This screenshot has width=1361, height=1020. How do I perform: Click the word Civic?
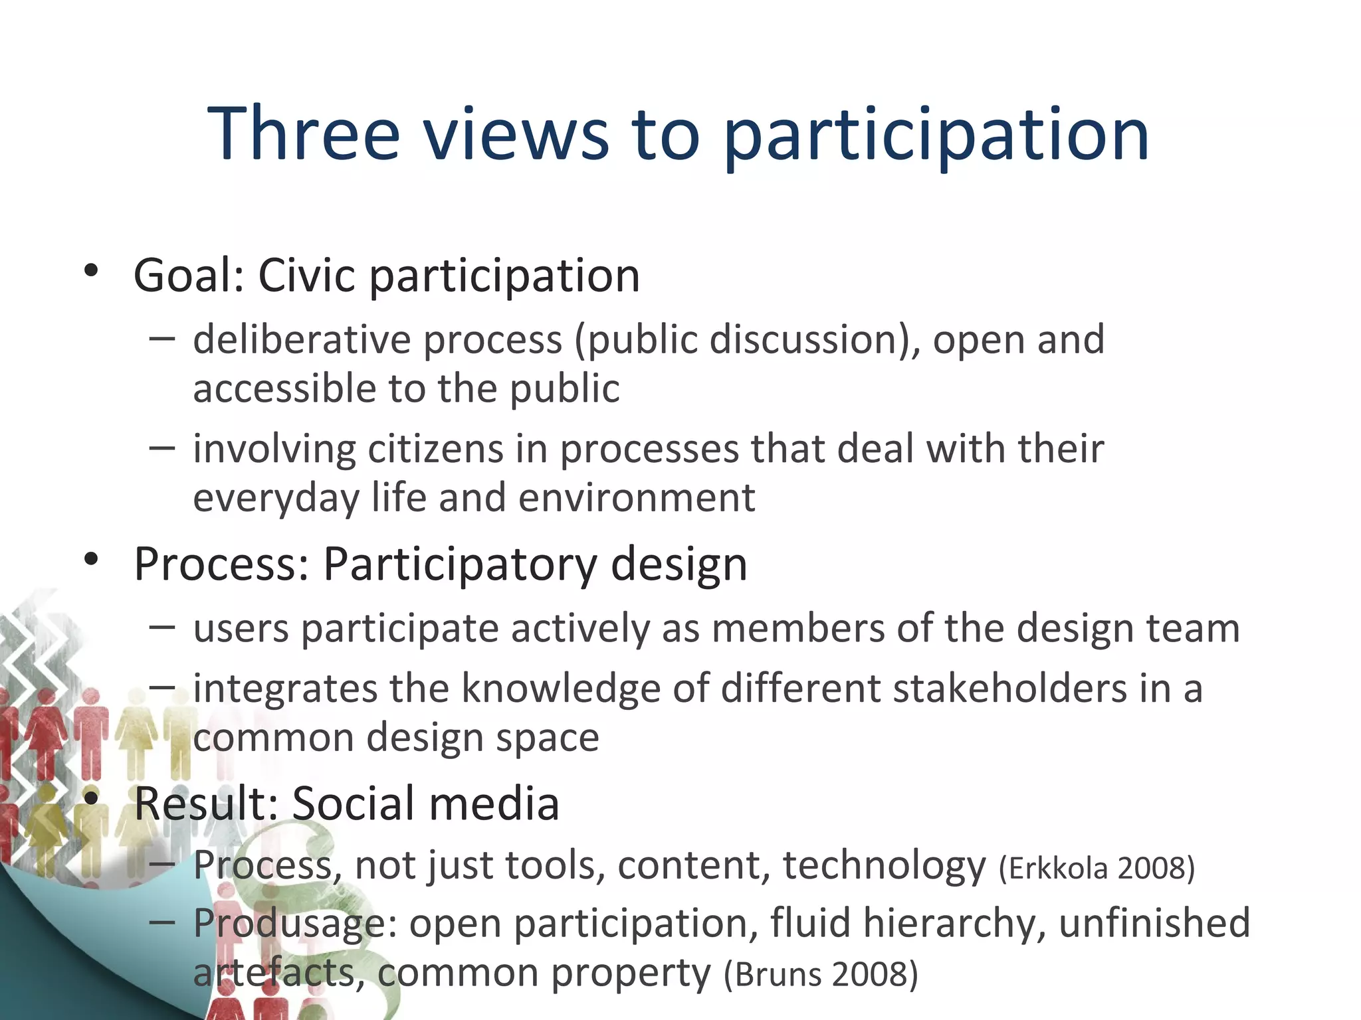(306, 275)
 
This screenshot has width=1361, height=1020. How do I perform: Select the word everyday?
(276, 498)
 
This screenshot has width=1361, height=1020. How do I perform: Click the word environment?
(637, 498)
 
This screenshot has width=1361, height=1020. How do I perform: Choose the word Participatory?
(460, 564)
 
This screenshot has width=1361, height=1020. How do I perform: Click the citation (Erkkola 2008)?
(1097, 868)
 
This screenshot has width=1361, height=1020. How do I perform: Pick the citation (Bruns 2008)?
(821, 974)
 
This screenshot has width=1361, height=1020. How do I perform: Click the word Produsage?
(295, 923)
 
